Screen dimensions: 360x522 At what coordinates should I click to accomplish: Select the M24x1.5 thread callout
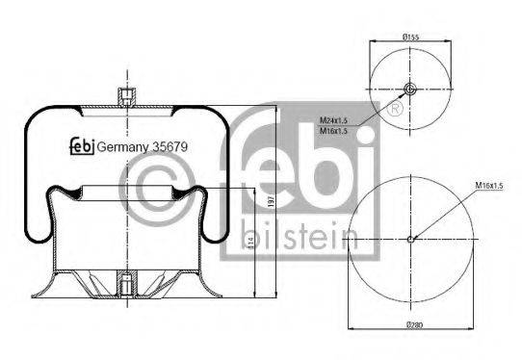[333, 119]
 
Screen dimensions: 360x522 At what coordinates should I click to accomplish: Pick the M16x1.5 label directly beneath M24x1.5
[333, 131]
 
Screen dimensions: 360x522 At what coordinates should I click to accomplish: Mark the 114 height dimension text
[251, 246]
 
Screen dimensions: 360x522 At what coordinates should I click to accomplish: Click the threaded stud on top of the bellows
[124, 96]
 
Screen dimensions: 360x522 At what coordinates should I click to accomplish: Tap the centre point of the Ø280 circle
[411, 240]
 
